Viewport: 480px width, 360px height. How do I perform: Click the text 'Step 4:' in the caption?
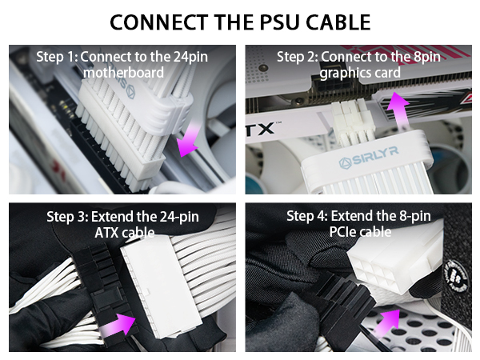pos(308,217)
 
